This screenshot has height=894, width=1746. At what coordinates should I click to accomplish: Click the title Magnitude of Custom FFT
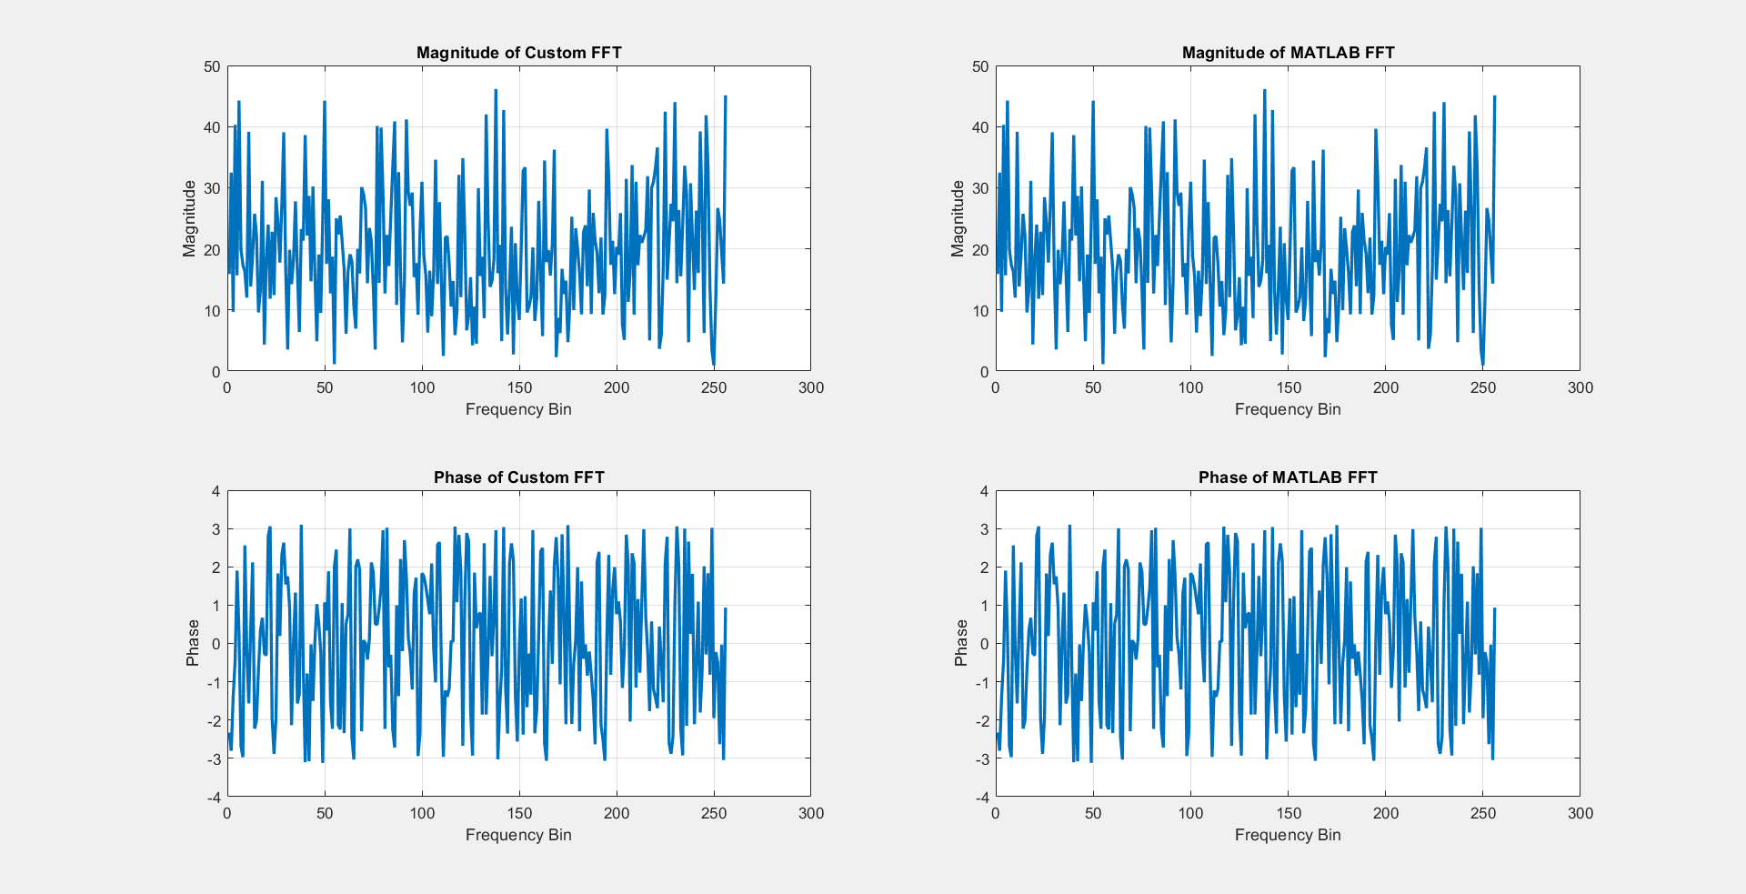pos(518,53)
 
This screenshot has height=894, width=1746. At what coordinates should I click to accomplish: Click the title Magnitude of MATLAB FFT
pos(1288,53)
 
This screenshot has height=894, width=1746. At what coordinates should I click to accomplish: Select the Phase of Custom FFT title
pos(518,477)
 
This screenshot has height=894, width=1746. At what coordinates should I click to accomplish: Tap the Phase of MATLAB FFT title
pos(1288,477)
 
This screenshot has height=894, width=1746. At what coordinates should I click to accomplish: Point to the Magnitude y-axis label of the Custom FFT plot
pos(189,218)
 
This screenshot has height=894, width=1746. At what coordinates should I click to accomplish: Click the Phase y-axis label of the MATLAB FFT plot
pos(960,643)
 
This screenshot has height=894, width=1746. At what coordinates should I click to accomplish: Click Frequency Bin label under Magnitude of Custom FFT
pos(518,409)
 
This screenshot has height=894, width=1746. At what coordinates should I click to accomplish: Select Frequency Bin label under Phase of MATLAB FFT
pos(1288,835)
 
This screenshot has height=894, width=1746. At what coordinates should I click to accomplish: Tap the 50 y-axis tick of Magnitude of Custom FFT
pos(212,66)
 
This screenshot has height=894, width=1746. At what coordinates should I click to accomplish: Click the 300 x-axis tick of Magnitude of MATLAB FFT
pos(1580,387)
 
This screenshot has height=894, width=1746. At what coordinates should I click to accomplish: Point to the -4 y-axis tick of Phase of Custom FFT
pos(214,798)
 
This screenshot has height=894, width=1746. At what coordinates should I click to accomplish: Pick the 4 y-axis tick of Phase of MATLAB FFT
pos(984,491)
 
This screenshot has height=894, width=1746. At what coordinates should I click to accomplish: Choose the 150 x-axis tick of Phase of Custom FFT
pos(519,813)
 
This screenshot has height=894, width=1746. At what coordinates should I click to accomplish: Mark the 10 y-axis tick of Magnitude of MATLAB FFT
pos(980,311)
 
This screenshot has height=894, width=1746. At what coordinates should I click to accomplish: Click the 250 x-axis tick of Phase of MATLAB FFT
pos(1483,813)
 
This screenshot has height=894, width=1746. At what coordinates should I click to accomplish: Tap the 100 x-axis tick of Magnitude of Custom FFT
pos(422,387)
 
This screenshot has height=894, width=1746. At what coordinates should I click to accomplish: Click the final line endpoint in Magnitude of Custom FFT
pos(726,95)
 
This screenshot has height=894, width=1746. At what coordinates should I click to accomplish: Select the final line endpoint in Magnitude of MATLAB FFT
pos(1495,95)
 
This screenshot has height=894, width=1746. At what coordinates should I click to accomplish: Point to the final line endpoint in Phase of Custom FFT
pos(726,608)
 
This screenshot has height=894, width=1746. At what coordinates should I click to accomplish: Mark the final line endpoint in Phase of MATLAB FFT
pos(1495,608)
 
